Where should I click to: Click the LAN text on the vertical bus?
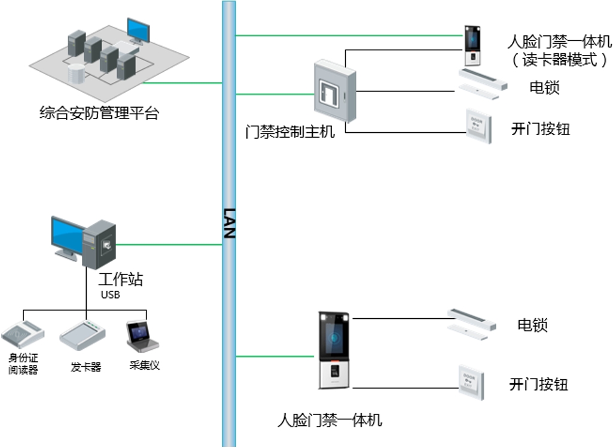(x=228, y=223)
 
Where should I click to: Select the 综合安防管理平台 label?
(x=99, y=113)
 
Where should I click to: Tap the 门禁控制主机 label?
(x=290, y=132)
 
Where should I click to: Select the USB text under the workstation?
(x=110, y=295)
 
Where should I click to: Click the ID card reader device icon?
(x=23, y=334)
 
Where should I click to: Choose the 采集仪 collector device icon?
(x=142, y=336)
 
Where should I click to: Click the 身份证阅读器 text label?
(x=23, y=364)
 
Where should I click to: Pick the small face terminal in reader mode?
(x=473, y=45)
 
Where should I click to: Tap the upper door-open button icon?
(x=479, y=127)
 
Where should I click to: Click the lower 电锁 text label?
(x=532, y=326)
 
